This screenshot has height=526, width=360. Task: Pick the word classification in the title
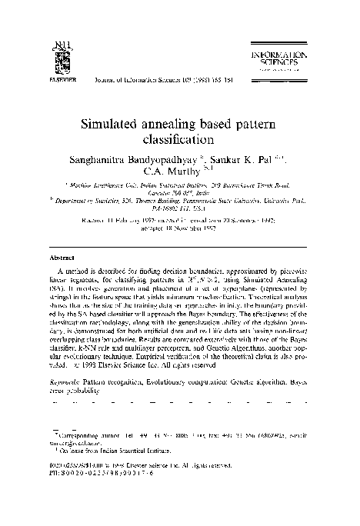coord(179,140)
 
